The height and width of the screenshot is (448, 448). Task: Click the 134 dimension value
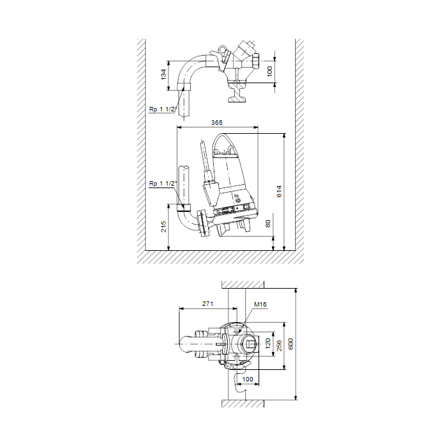163,74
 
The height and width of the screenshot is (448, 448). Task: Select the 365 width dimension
216,123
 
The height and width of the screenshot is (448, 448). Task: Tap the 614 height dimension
279,191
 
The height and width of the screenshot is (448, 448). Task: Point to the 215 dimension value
163,227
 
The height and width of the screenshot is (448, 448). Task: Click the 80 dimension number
268,224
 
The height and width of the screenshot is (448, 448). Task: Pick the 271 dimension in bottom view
208,304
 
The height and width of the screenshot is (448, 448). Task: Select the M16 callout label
260,305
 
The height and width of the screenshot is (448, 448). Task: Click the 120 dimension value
268,344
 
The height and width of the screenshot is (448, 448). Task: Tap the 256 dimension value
279,346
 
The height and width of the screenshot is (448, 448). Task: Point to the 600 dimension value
291,344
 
